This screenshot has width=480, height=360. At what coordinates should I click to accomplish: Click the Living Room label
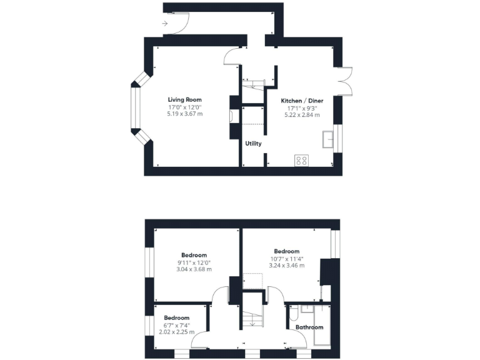(184, 99)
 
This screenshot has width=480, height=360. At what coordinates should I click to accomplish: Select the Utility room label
(253, 144)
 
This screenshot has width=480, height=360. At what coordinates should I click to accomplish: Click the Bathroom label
(309, 327)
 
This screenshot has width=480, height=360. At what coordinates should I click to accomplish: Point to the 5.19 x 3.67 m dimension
(184, 114)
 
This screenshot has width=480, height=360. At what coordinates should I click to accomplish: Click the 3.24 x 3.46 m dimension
(286, 266)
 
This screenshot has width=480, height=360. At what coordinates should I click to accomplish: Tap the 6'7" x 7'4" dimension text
(176, 325)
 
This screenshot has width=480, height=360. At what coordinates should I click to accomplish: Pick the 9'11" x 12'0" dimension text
(194, 262)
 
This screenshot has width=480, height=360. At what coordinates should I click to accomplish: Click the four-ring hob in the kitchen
(301, 160)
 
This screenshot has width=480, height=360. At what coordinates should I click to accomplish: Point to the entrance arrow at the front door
(165, 24)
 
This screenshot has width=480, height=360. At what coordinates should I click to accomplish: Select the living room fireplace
(232, 117)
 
